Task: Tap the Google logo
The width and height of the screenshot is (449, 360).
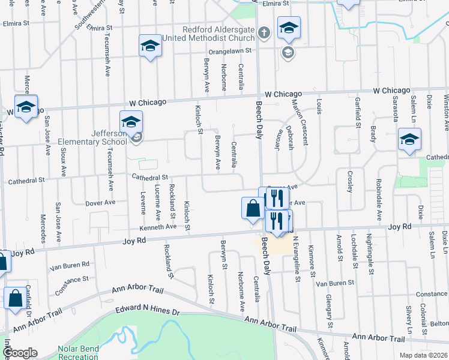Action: click(x=19, y=353)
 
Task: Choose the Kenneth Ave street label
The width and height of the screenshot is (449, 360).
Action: click(x=158, y=227)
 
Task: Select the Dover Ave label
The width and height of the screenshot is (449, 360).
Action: click(x=100, y=203)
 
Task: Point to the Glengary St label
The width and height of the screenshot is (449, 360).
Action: click(x=330, y=310)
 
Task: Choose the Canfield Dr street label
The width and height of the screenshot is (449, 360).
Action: click(x=29, y=306)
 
